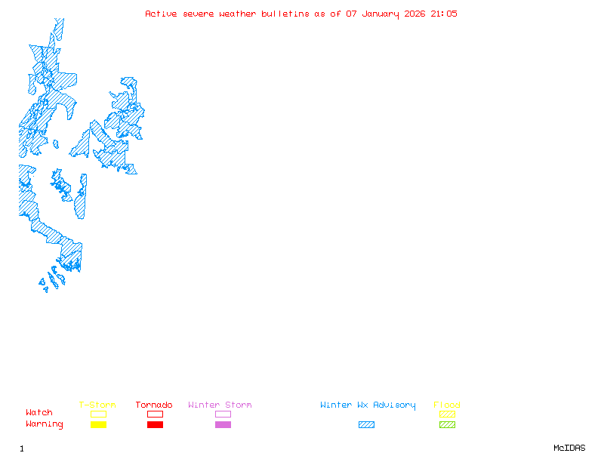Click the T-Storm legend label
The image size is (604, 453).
tap(97, 405)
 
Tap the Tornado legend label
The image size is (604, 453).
tap(154, 405)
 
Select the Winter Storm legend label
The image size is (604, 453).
tap(220, 405)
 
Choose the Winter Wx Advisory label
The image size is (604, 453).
tap(368, 405)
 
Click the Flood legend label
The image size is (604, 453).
tap(447, 405)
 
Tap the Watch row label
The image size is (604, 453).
tap(39, 413)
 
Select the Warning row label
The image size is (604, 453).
tap(45, 424)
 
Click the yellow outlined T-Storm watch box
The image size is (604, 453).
tap(98, 414)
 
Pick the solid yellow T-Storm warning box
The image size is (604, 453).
tap(98, 424)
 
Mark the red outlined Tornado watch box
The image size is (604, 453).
tap(155, 414)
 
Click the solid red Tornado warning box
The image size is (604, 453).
tap(155, 424)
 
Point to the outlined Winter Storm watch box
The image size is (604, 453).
tap(223, 414)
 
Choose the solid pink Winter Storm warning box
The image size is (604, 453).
tap(223, 424)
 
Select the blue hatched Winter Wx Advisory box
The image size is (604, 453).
tap(366, 424)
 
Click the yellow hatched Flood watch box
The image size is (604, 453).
tap(447, 414)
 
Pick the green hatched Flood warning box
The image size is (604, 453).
tap(447, 424)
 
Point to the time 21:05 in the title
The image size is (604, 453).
tap(444, 14)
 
